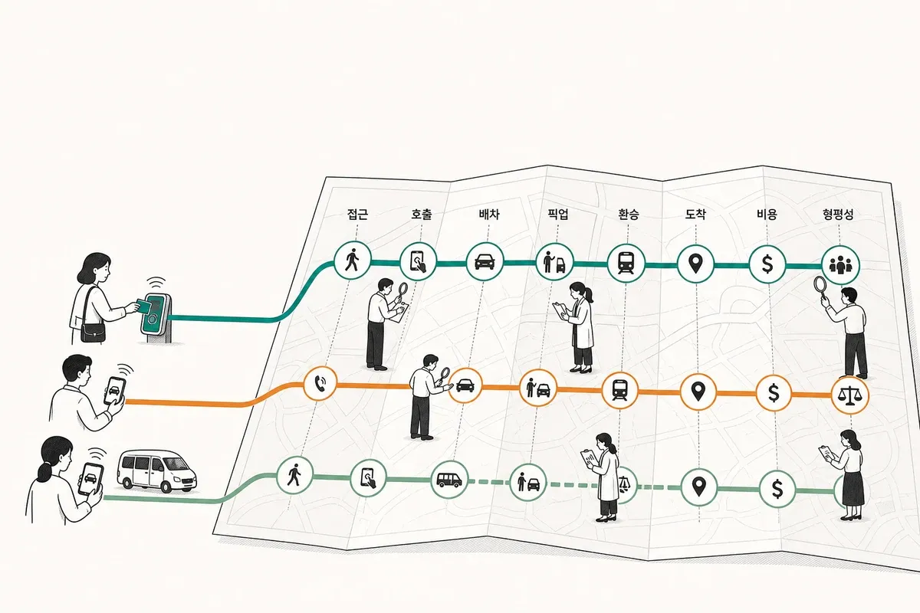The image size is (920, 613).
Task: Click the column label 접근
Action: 357,214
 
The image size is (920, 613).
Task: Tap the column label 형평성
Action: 838,214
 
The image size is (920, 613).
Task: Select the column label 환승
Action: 629,214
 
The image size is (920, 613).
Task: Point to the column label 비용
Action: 767,214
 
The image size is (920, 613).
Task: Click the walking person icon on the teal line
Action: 352,261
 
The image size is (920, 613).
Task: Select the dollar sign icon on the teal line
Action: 767,264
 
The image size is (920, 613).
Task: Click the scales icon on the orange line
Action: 850,395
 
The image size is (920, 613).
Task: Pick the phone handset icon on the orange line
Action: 320,383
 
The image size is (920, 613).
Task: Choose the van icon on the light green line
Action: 449,480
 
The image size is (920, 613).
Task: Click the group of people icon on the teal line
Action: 840,265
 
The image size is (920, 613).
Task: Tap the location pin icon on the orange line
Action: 698,392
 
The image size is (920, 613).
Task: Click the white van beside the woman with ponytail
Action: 157,470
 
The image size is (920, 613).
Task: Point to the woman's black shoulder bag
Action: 93,332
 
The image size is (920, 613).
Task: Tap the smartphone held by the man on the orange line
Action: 114,391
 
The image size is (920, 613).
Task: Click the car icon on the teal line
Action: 485,261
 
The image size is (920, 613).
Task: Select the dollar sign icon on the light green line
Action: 777,489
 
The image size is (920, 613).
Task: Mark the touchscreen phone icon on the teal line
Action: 418,261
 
